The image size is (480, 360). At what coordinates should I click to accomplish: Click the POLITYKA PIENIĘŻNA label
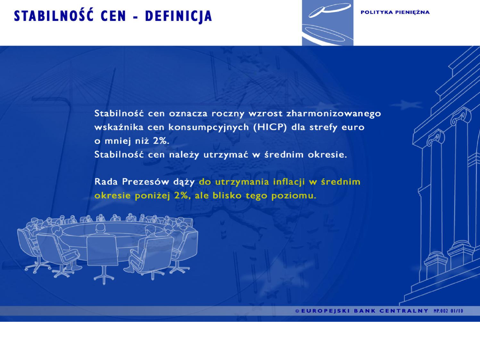[395, 12]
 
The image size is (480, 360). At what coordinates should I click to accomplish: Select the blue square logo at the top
[328, 23]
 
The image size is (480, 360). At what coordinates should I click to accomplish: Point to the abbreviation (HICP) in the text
[271, 127]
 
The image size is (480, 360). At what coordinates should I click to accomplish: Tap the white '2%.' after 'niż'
[161, 140]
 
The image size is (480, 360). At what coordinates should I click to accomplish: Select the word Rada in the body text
[106, 182]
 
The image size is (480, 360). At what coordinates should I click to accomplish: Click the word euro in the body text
[353, 127]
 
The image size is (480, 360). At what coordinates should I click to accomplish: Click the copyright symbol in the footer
[297, 311]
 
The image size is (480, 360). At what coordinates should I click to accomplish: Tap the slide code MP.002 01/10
[448, 311]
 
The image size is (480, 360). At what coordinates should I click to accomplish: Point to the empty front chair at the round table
[102, 253]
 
